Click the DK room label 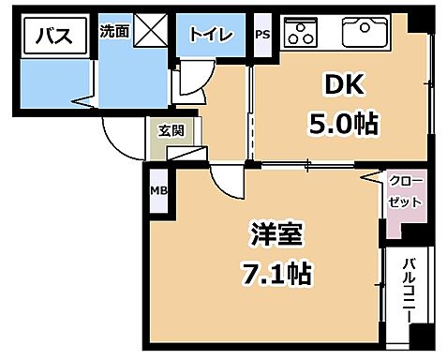(x=345, y=87)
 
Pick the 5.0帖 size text (x=345, y=124)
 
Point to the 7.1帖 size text (x=276, y=273)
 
